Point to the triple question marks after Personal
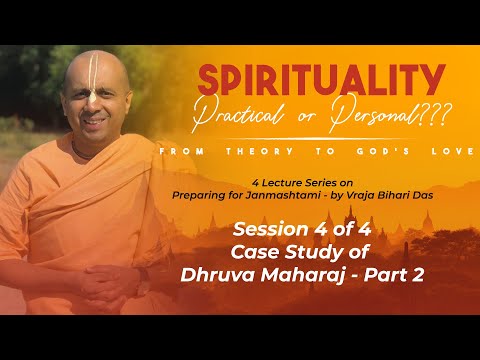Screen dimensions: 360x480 pyautogui.click(x=428, y=116)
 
